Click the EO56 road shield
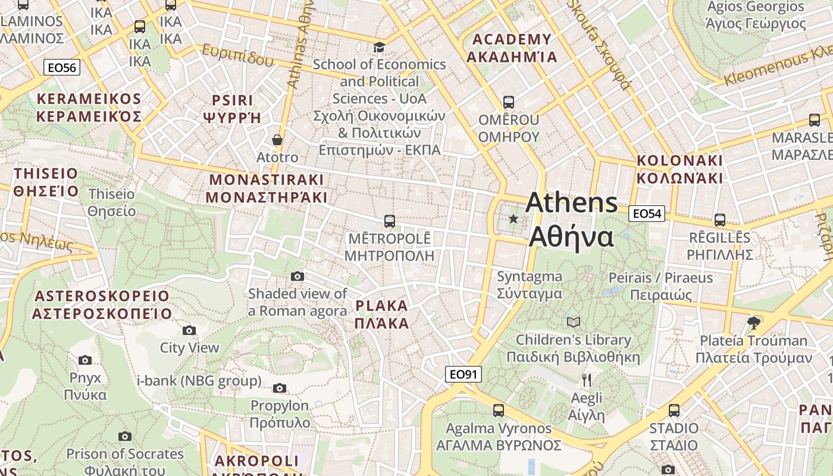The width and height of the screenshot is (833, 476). (62, 68)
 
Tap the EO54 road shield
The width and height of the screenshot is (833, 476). (647, 214)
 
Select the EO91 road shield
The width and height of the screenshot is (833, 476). (463, 374)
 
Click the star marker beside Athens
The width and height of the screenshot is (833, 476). (513, 219)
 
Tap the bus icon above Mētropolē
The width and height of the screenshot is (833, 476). (390, 221)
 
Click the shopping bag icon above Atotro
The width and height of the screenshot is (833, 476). (277, 140)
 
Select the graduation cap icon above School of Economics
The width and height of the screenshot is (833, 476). (379, 47)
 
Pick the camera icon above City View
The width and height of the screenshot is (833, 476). (189, 330)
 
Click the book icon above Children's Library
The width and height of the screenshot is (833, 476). (573, 322)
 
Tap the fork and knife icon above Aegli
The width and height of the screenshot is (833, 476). (586, 380)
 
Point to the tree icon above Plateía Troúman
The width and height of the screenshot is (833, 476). (754, 322)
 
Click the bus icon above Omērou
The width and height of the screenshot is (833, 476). (508, 102)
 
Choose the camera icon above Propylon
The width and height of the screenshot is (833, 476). (280, 389)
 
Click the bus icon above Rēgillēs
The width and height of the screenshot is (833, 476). (720, 220)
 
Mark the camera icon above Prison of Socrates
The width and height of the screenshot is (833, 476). (125, 436)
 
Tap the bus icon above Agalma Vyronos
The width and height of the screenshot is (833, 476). (499, 410)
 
